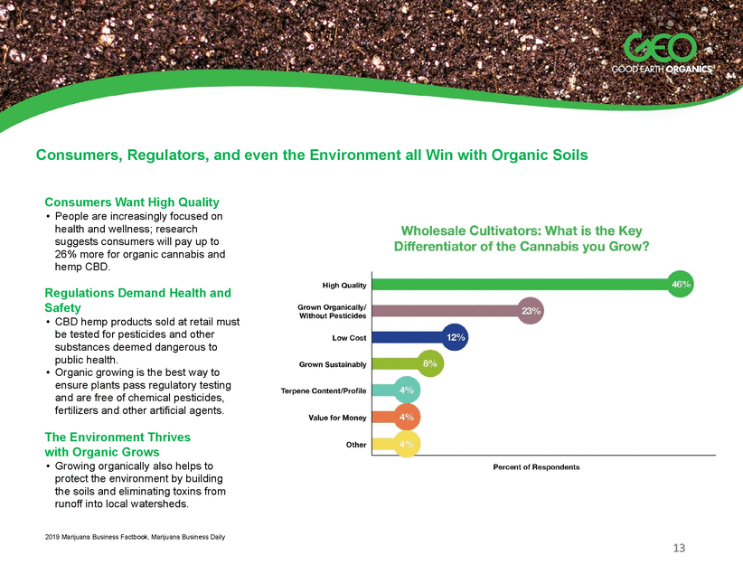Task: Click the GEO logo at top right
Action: click(662, 53)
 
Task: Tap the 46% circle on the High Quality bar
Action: click(681, 285)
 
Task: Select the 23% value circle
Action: click(531, 311)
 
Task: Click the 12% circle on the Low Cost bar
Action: click(455, 337)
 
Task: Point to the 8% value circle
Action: click(429, 363)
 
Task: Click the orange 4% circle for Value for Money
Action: click(407, 417)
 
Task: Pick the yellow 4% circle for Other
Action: click(407, 444)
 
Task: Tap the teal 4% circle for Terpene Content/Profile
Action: click(407, 391)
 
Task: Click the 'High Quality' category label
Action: click(344, 286)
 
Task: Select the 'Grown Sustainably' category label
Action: click(333, 364)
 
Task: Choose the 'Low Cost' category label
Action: click(349, 338)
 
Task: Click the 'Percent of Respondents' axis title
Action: click(536, 466)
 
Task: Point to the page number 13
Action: click(679, 548)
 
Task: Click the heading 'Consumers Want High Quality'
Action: click(132, 202)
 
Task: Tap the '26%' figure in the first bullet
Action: click(66, 254)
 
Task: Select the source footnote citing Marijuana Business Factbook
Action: click(135, 537)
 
